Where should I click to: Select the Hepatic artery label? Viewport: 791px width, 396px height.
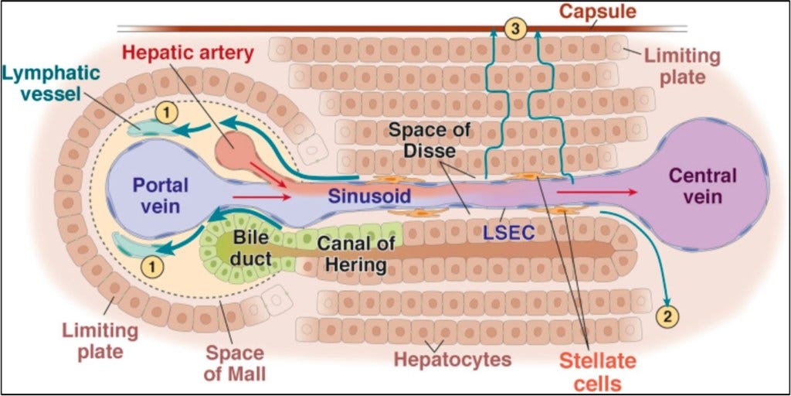(x=188, y=53)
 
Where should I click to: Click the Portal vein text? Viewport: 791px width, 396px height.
(x=156, y=196)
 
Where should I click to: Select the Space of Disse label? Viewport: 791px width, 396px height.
(x=429, y=140)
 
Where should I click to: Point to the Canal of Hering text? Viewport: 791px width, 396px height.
(x=355, y=254)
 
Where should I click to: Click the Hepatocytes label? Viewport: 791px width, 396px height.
(x=453, y=360)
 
